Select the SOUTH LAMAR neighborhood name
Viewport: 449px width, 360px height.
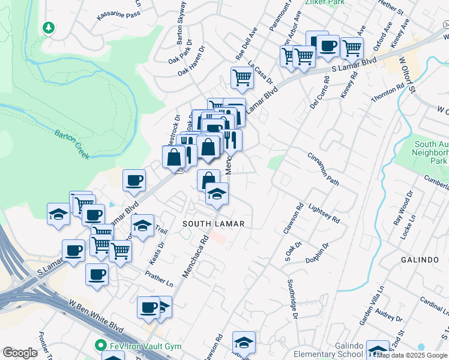213,224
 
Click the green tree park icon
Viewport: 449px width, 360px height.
48,28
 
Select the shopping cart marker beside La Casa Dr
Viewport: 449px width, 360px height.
241,77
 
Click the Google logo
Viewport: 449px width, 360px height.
20,353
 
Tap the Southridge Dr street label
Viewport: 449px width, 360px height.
292,299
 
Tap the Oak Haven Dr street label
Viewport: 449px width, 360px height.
191,61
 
